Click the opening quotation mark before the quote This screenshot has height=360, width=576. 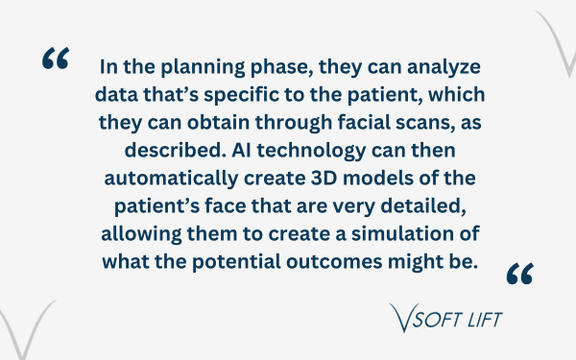click(56, 58)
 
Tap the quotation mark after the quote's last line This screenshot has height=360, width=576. click(519, 274)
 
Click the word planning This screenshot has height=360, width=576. click(203, 67)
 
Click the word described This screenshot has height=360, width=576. click(176, 150)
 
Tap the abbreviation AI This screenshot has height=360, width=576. click(241, 151)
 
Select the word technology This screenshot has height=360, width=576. click(311, 151)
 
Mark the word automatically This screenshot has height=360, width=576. click(171, 179)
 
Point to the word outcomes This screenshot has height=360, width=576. click(334, 262)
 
